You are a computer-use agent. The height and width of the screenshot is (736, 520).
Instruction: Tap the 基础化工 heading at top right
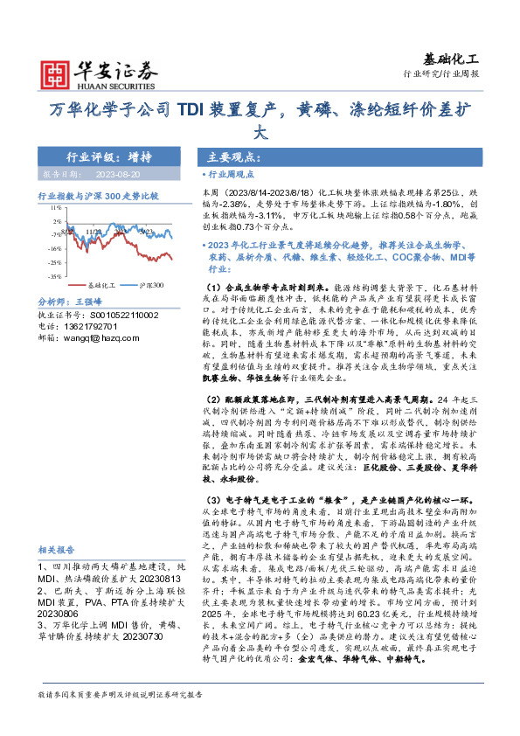453,59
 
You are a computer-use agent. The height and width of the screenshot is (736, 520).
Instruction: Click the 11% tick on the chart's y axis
54,208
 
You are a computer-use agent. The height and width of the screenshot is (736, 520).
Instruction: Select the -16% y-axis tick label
54,248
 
